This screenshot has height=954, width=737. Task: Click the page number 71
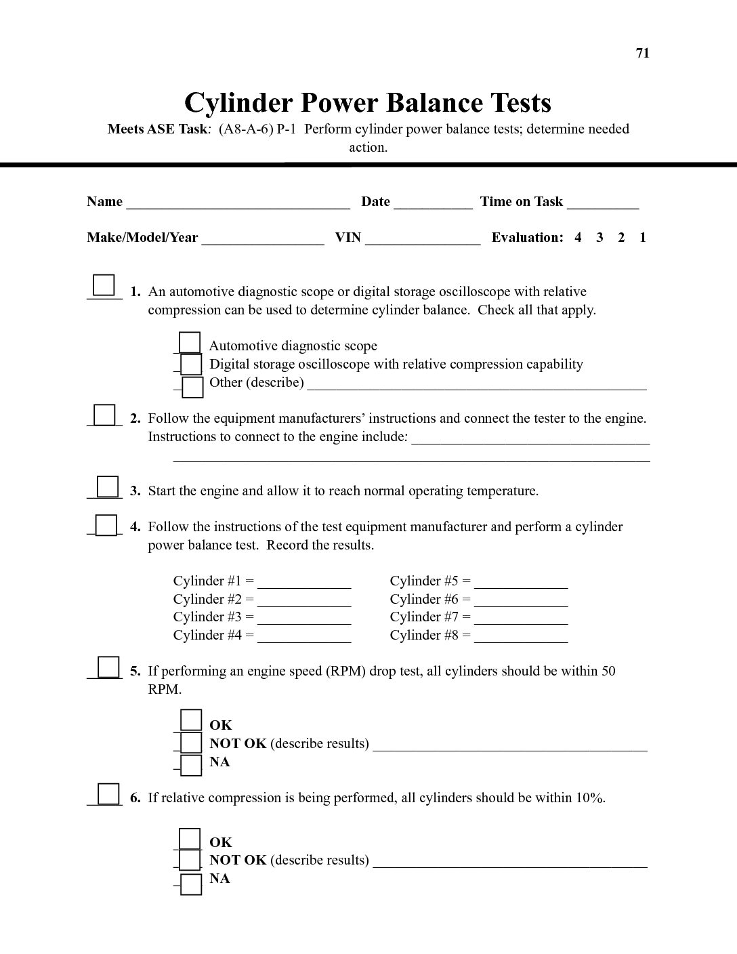click(642, 54)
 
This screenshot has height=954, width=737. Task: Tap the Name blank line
click(238, 202)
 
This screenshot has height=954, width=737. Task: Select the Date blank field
click(433, 202)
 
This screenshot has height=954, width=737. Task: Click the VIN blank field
click(423, 238)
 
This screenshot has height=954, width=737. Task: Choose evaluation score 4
click(578, 237)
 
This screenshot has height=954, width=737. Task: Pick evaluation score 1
click(643, 237)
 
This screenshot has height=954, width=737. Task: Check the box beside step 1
click(104, 285)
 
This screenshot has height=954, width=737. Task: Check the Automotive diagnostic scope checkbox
click(190, 343)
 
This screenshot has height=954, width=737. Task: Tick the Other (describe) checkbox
click(192, 386)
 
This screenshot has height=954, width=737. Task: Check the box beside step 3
click(108, 486)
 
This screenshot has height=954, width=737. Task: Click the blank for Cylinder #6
click(521, 600)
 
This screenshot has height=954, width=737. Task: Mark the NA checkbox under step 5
click(192, 764)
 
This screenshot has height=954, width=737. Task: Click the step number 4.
click(135, 527)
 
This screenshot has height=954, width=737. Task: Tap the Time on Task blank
click(603, 202)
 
